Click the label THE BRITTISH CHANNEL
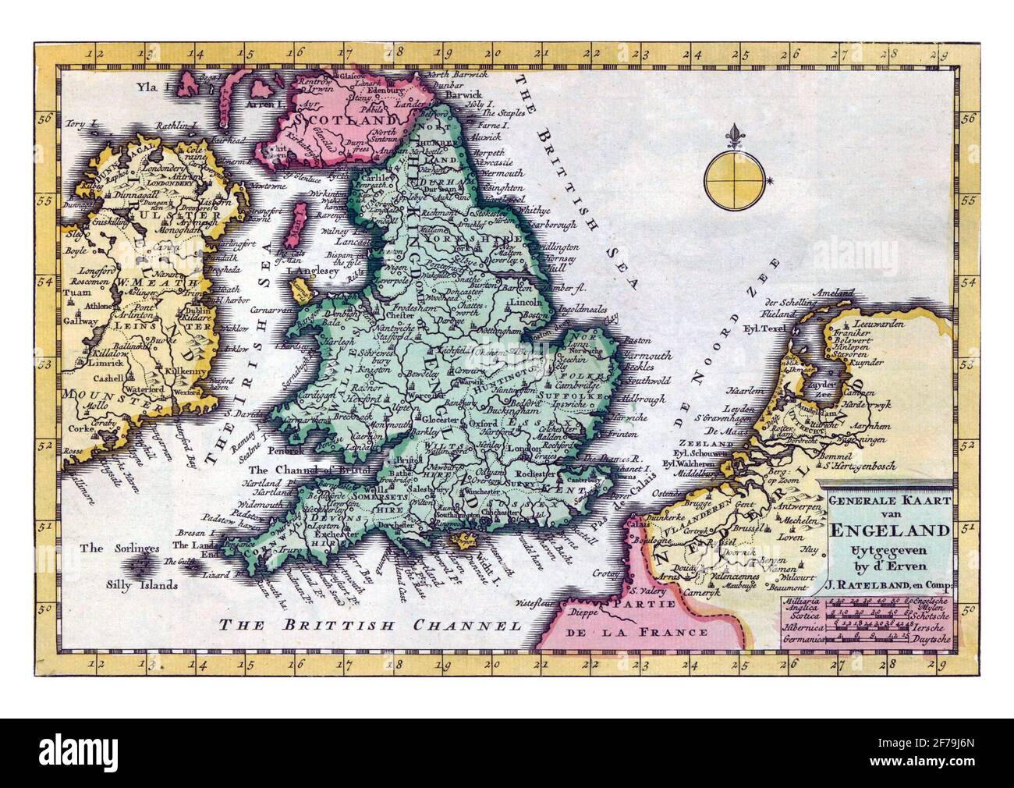pos(369,623)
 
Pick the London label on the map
pos(523,449)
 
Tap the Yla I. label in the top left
pos(154,88)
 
